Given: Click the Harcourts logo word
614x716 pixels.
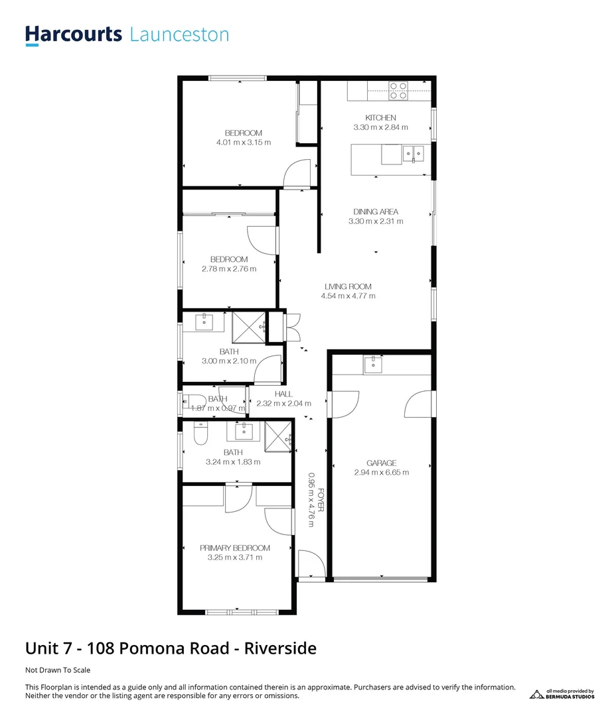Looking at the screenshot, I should click(73, 34).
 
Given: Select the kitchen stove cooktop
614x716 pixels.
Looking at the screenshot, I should click(398, 90).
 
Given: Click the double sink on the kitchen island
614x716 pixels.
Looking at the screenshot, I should click(414, 154).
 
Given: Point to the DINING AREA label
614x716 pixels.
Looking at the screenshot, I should click(376, 212).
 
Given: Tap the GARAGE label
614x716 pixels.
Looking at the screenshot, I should click(382, 463).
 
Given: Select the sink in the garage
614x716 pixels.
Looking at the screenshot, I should click(373, 364).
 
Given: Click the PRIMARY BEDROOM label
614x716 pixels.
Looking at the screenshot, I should click(235, 548).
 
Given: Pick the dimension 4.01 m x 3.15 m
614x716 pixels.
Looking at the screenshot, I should click(244, 143).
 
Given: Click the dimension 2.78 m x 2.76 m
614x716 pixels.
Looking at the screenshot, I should click(229, 269).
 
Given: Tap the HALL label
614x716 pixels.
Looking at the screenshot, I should click(283, 394).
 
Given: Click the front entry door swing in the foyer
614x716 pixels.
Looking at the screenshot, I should click(310, 564).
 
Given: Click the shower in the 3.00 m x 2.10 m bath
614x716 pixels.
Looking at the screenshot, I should click(245, 326).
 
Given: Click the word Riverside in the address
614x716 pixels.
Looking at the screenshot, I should click(280, 648).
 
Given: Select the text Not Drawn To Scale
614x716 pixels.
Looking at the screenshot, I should click(58, 670).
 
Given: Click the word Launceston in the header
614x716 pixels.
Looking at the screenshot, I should click(179, 34).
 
